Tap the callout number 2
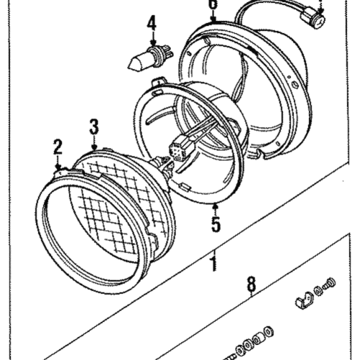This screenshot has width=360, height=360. click(58, 148)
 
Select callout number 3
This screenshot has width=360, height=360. click(94, 127)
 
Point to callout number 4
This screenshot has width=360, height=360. click(152, 25)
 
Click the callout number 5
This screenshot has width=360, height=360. click(216, 223)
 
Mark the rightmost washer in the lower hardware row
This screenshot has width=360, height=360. click(269, 331)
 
